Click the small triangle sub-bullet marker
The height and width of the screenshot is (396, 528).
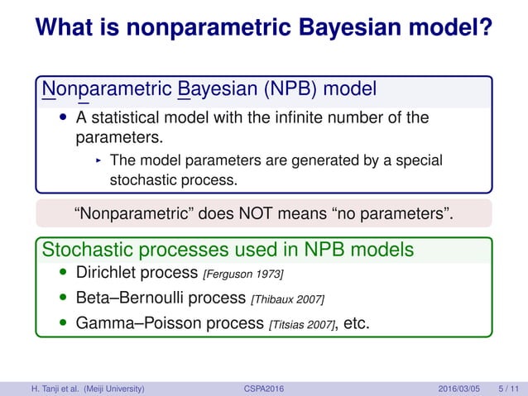tap(98, 160)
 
